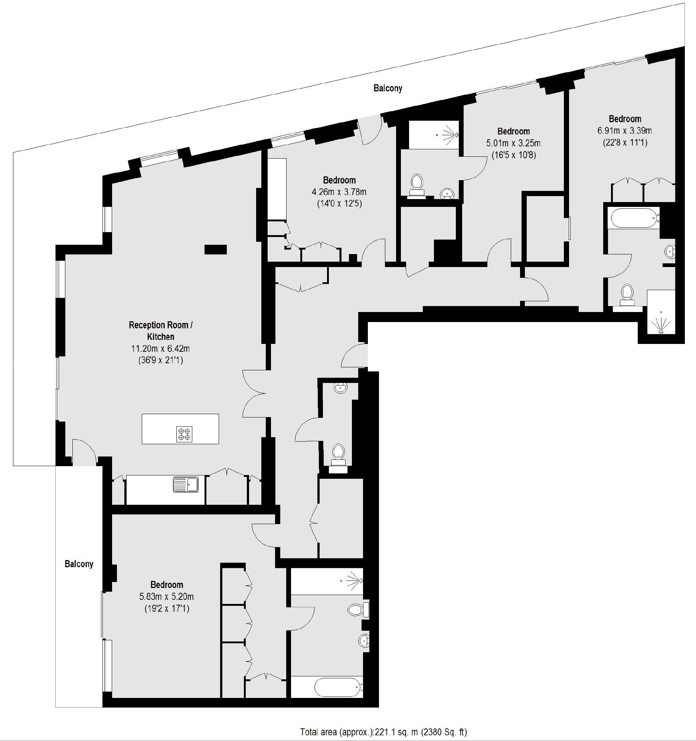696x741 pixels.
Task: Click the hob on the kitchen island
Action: click(x=184, y=434)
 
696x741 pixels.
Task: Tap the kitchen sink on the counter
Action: click(x=186, y=485)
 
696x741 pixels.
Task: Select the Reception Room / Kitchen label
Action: click(x=161, y=331)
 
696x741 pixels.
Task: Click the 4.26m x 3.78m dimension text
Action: click(x=339, y=192)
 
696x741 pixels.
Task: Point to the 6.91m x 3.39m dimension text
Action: click(x=624, y=131)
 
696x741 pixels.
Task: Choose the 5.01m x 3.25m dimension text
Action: click(x=513, y=143)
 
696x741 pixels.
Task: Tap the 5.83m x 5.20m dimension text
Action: click(x=167, y=597)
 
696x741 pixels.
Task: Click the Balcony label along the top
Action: click(x=388, y=88)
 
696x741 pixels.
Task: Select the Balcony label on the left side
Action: click(x=79, y=564)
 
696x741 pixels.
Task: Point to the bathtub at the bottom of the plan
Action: click(x=337, y=687)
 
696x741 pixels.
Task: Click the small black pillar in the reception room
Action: click(x=215, y=249)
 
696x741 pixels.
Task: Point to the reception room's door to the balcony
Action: click(x=84, y=452)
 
